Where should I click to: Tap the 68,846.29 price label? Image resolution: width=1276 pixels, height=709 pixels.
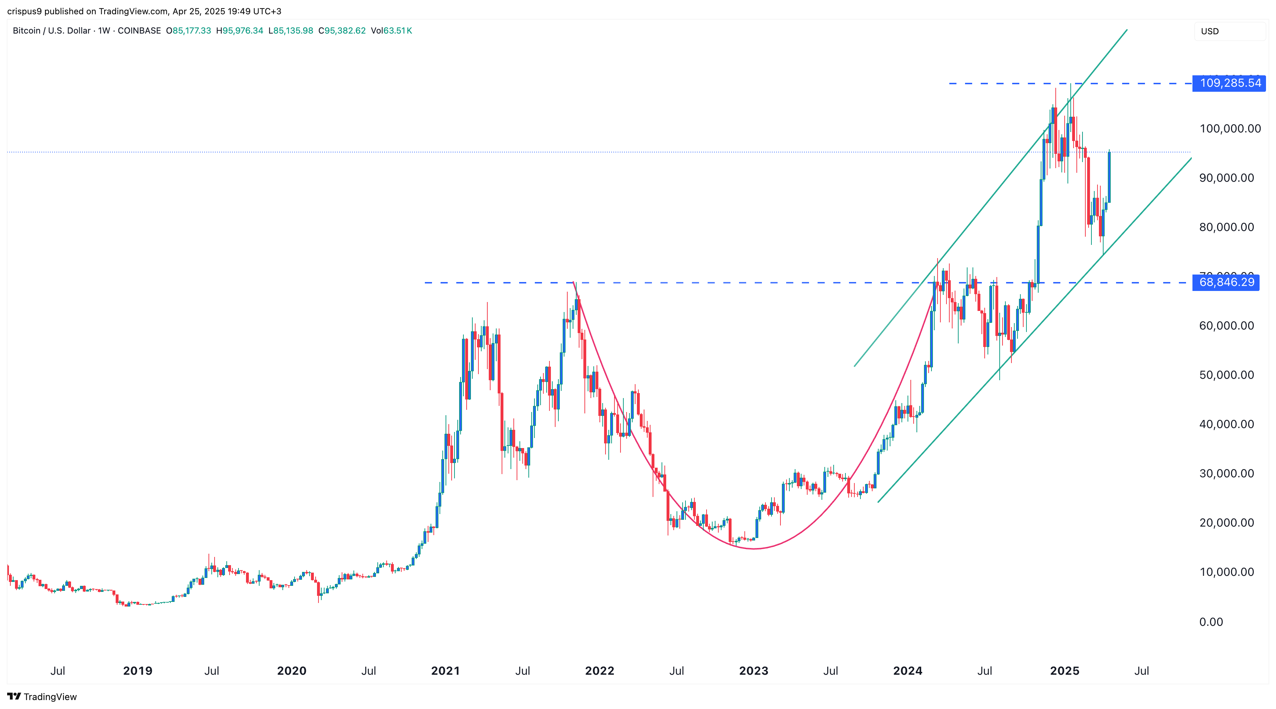pos(1226,282)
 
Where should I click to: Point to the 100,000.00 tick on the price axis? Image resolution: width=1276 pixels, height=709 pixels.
pos(1230,129)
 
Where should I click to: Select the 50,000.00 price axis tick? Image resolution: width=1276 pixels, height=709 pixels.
pos(1226,375)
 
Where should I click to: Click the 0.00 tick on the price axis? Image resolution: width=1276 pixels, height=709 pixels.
pos(1211,622)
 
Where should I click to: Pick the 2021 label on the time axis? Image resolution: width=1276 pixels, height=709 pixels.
pos(445,671)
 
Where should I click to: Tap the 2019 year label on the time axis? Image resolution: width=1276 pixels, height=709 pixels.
pos(138,671)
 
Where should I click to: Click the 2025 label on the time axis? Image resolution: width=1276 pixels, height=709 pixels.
pos(1065,671)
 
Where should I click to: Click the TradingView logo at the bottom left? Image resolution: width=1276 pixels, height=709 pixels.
pos(42,697)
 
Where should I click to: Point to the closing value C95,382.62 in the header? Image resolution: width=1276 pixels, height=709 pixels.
pos(342,31)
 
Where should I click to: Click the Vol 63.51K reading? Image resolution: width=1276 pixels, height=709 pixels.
pos(391,31)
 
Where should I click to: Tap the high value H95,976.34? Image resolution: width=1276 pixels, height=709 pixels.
pos(240,31)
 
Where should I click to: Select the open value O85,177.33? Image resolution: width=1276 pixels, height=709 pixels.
pos(189,31)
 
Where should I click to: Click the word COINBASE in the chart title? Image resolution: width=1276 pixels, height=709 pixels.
pos(139,31)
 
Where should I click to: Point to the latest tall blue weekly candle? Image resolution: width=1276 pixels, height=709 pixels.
pos(1109,177)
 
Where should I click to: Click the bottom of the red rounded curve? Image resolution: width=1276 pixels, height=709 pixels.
pos(753,548)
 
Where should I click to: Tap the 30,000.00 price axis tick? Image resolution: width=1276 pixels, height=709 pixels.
pos(1226,474)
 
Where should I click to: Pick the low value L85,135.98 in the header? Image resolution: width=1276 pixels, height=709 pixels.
pos(291,31)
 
